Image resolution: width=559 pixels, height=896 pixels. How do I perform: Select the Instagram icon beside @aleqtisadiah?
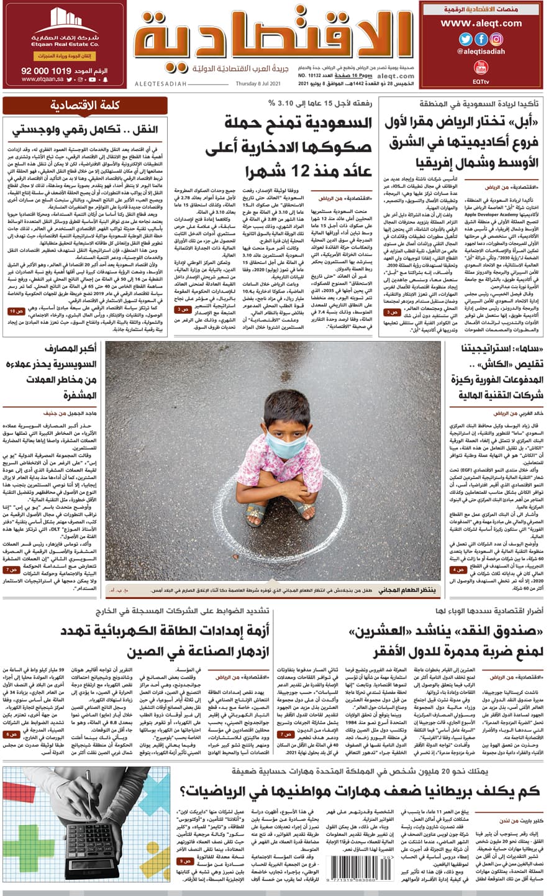496,39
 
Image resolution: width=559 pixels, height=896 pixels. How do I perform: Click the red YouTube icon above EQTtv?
480,67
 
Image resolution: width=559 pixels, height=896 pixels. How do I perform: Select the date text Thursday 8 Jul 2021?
258,84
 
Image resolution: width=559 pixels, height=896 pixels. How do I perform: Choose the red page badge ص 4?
458,569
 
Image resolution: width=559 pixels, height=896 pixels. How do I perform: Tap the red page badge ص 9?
186,861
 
